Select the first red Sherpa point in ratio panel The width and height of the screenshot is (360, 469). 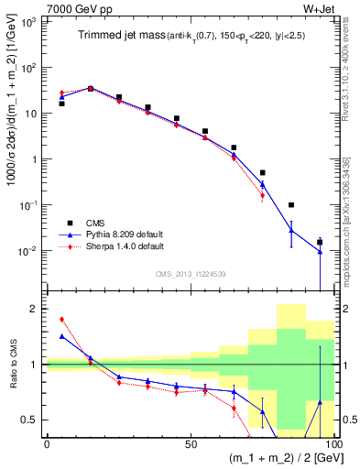pyautogui.click(x=61, y=320)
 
